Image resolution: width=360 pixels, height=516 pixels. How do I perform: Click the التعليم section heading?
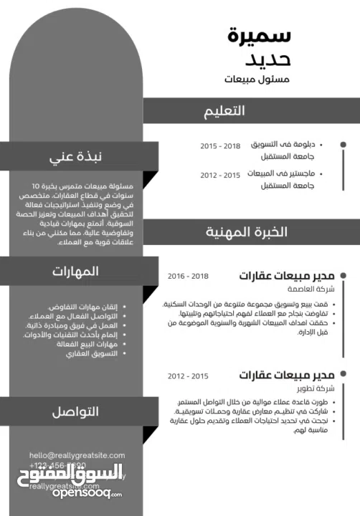pos(224,110)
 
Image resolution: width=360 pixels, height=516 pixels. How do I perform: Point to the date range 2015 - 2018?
pos(220,145)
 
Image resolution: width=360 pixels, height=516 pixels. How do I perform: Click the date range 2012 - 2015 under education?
pos(220,175)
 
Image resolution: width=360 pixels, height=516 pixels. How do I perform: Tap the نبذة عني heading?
pos(75,157)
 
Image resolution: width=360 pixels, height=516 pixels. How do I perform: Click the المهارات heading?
pos(75,271)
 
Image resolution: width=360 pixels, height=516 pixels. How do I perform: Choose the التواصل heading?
pos(75,411)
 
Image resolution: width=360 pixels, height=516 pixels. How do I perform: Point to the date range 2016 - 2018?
pos(188,276)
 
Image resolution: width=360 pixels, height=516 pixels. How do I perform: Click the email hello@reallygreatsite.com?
pos(77,455)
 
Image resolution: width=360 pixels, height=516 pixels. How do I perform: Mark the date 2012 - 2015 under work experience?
pos(188,376)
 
